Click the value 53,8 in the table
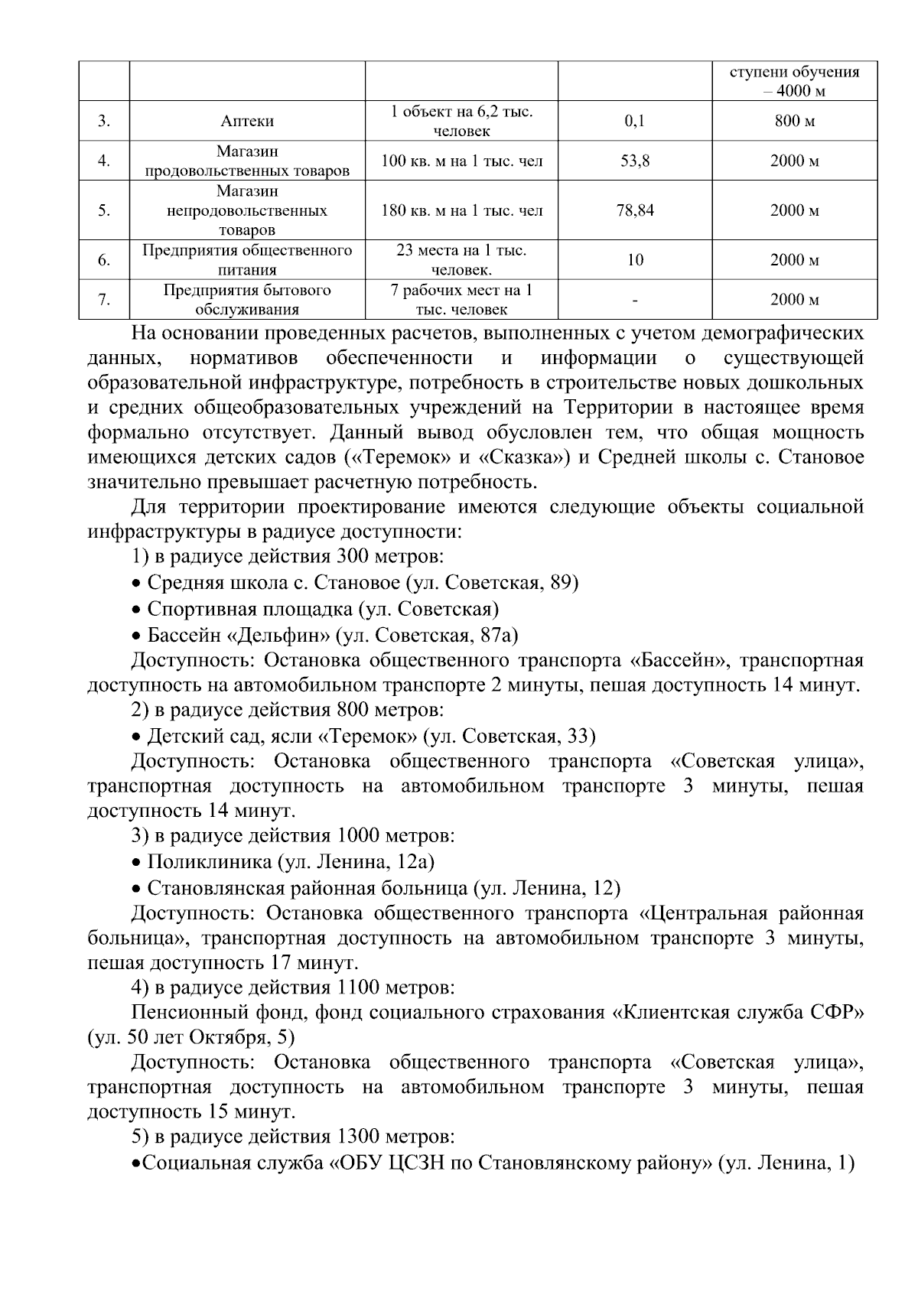tap(635, 161)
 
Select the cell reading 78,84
tap(635, 210)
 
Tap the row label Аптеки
tap(247, 122)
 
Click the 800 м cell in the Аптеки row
tap(794, 122)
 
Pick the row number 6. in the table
tap(104, 261)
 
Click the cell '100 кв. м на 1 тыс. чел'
tap(461, 161)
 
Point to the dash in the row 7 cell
tap(635, 301)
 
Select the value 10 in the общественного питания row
tap(635, 261)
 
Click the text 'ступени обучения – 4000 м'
tap(794, 82)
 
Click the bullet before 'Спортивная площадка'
tap(136, 610)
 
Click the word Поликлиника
tap(209, 862)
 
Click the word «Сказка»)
tap(525, 458)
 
